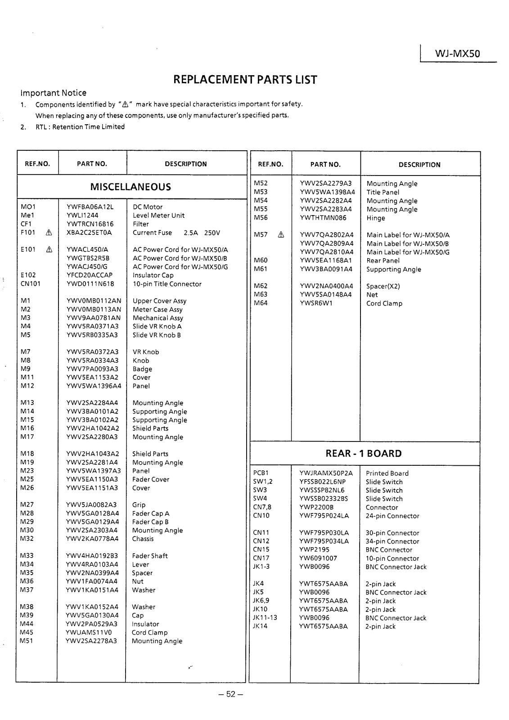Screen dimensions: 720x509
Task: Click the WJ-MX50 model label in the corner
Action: click(457, 54)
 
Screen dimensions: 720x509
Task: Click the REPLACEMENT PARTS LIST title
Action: click(245, 80)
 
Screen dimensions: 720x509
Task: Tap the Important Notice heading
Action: click(54, 93)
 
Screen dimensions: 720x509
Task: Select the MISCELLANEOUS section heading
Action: click(131, 187)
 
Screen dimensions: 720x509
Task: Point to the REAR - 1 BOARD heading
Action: click(364, 454)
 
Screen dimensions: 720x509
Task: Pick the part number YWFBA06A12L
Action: click(90, 207)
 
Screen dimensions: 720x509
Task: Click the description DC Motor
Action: click(148, 207)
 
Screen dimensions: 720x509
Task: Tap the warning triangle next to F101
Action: click(49, 233)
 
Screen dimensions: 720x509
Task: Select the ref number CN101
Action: click(31, 283)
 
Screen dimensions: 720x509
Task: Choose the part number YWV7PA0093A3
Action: click(92, 369)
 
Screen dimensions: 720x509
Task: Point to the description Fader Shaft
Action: click(150, 556)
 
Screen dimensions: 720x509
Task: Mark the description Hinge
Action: click(376, 218)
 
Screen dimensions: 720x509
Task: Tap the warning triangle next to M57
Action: click(281, 235)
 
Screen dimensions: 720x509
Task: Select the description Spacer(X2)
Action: click(383, 286)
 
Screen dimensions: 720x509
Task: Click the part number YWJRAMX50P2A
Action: click(326, 473)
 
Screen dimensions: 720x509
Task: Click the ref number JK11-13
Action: click(265, 618)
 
